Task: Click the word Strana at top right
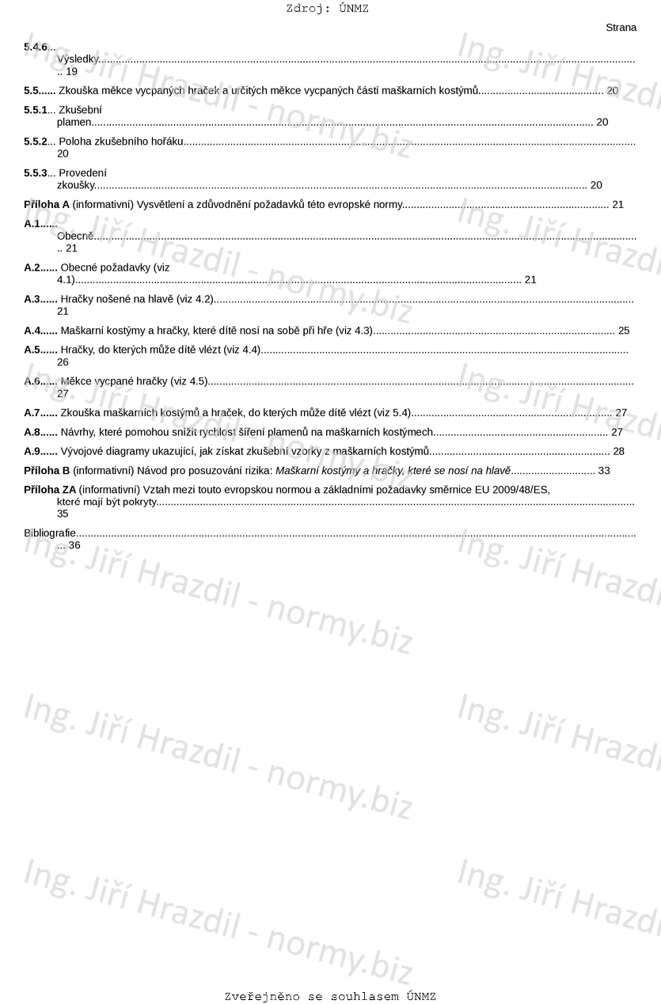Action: pyautogui.click(x=621, y=28)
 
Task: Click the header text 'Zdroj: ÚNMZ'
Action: pyautogui.click(x=327, y=9)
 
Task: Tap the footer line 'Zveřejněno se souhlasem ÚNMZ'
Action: pyautogui.click(x=330, y=996)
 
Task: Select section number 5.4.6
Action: pyautogui.click(x=35, y=47)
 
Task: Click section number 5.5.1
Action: pyautogui.click(x=35, y=110)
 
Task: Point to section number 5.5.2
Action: pyautogui.click(x=35, y=142)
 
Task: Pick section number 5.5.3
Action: pyautogui.click(x=35, y=172)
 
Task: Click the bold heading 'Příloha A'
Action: pyautogui.click(x=47, y=204)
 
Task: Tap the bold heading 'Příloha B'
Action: pyautogui.click(x=47, y=471)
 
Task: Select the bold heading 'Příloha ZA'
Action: pyautogui.click(x=50, y=490)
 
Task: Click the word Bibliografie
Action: pyautogui.click(x=50, y=533)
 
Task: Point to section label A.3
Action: pyautogui.click(x=32, y=299)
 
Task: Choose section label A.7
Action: pyautogui.click(x=32, y=413)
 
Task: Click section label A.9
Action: pyautogui.click(x=32, y=451)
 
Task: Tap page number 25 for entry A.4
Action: pyautogui.click(x=624, y=331)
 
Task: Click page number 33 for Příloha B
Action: pyautogui.click(x=604, y=471)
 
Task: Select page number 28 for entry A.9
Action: pyautogui.click(x=619, y=451)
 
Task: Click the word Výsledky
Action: pyautogui.click(x=77, y=59)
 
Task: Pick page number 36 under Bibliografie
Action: pyautogui.click(x=74, y=545)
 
